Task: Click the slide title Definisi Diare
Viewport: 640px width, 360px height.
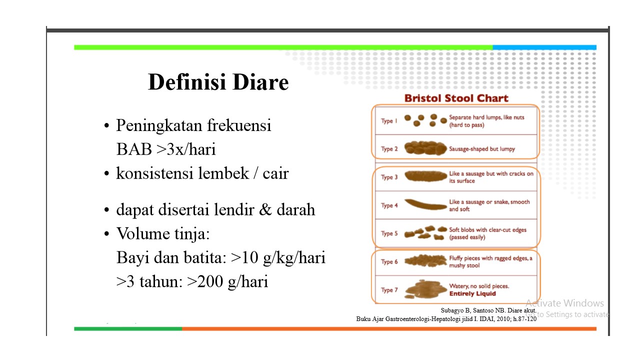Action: (x=218, y=82)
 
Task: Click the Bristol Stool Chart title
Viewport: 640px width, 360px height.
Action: (x=456, y=98)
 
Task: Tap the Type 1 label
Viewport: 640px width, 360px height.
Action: (x=389, y=121)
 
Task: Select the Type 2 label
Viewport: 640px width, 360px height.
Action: (x=389, y=149)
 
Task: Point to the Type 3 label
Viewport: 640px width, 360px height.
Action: (x=389, y=177)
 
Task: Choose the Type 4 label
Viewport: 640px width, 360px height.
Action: (x=389, y=205)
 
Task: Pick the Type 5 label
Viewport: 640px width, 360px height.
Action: (x=389, y=233)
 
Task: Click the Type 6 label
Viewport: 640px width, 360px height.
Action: (x=389, y=262)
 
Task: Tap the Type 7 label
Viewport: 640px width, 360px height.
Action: (x=389, y=290)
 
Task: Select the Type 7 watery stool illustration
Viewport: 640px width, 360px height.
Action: (x=425, y=290)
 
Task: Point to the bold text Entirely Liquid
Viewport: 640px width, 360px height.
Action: (x=472, y=294)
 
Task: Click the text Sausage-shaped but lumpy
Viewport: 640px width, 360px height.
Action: (x=481, y=149)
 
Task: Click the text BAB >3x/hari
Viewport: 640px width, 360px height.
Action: (x=166, y=149)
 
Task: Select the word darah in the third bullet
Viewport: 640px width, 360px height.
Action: (x=295, y=209)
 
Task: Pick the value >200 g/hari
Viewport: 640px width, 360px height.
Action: (x=227, y=281)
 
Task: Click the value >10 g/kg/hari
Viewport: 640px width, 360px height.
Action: (x=278, y=258)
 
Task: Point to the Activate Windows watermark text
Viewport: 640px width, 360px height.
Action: (x=564, y=303)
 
